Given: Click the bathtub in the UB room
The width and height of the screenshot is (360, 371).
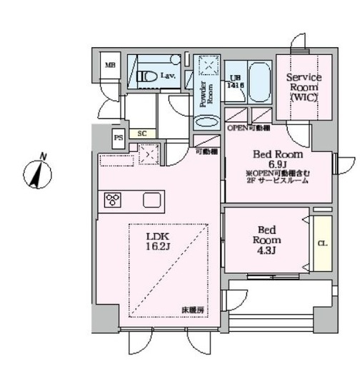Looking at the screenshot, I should [258, 81].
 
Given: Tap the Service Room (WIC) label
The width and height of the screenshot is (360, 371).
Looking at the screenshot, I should [304, 86].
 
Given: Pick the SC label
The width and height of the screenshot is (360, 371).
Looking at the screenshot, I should [142, 133].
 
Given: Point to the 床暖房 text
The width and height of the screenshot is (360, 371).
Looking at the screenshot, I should [192, 310].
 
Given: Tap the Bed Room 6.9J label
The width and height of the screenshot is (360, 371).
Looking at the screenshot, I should [279, 158].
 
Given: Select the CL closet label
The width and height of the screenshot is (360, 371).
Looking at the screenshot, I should [322, 243].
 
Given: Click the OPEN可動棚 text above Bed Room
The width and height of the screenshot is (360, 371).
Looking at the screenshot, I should [248, 128].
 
